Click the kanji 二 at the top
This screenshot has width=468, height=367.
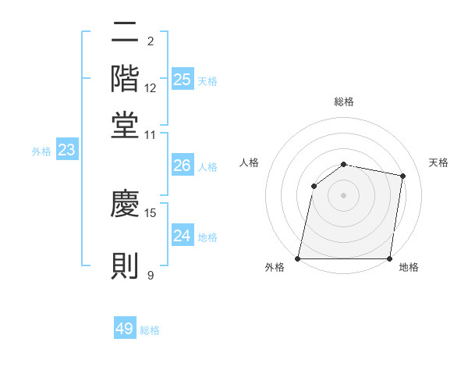[125, 32]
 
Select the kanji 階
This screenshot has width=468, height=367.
[125, 78]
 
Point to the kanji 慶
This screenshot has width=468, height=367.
[125, 204]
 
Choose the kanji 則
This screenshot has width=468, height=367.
[125, 265]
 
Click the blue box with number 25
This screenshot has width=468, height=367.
[183, 79]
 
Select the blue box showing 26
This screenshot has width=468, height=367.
[183, 166]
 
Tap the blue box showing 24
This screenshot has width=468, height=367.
[183, 236]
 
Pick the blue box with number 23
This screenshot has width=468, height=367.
[66, 150]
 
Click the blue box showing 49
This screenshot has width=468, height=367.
[125, 329]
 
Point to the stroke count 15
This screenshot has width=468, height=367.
[151, 212]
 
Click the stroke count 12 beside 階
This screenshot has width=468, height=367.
[151, 88]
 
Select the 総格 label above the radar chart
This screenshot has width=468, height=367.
[344, 102]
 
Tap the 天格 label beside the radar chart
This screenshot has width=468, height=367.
[439, 162]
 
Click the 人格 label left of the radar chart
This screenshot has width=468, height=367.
[250, 162]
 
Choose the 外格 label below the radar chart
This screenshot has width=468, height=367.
[275, 268]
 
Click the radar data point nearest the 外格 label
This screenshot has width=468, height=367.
[298, 258]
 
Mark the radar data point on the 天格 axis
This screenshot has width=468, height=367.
[402, 176]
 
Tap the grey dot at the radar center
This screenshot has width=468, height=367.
[344, 194]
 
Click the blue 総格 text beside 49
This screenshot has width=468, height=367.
[150, 330]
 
